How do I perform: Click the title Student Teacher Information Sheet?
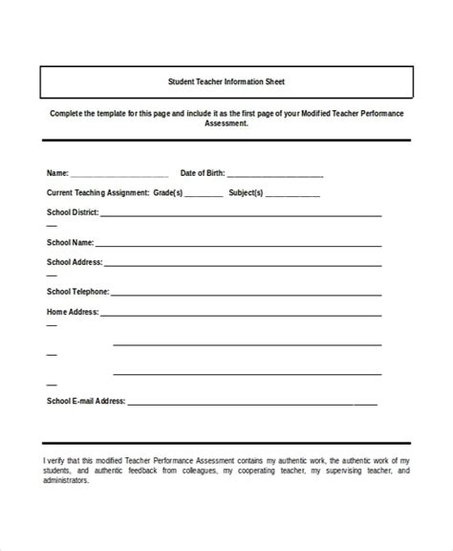click(226, 81)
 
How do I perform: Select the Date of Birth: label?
click(203, 173)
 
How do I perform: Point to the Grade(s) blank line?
click(203, 195)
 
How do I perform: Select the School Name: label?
click(69, 242)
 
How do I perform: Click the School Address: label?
click(74, 261)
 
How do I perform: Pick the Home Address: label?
click(72, 311)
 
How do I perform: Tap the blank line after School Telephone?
click(247, 294)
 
